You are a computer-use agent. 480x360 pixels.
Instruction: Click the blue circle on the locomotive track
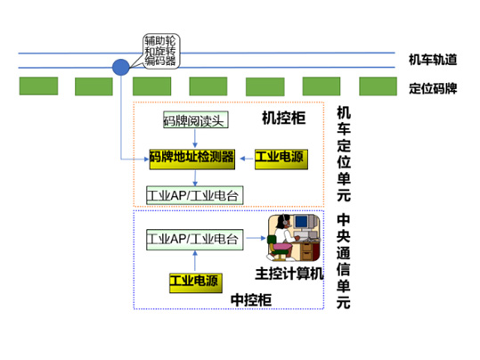click(121, 67)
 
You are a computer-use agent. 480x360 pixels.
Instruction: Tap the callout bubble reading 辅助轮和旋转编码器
click(161, 51)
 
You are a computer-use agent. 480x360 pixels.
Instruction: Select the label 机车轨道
click(433, 60)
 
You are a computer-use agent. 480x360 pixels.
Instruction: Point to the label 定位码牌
click(433, 88)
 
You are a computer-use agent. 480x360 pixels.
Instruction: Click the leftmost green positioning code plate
click(38, 86)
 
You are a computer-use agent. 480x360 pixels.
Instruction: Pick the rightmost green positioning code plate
click(378, 86)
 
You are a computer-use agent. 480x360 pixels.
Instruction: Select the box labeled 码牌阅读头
click(196, 119)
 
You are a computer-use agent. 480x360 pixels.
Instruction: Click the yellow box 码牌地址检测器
click(192, 159)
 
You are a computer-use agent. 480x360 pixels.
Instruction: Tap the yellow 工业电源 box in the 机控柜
click(281, 159)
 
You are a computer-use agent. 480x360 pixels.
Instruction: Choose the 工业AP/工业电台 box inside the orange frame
click(195, 195)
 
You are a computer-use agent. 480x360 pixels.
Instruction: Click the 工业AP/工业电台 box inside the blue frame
click(195, 240)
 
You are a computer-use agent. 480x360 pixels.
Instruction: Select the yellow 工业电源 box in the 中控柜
click(196, 283)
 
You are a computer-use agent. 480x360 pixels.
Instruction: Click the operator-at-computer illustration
click(294, 238)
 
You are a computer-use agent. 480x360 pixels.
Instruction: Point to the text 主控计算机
click(289, 274)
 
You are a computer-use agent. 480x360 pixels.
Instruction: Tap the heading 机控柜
click(284, 118)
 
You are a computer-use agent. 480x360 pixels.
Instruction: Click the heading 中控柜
click(251, 300)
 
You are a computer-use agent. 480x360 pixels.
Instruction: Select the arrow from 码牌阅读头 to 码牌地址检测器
click(195, 138)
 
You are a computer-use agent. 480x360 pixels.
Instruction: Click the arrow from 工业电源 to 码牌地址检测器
click(247, 159)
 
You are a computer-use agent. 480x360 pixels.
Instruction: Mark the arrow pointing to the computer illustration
click(256, 238)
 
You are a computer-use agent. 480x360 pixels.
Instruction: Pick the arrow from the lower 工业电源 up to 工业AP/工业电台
click(195, 262)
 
